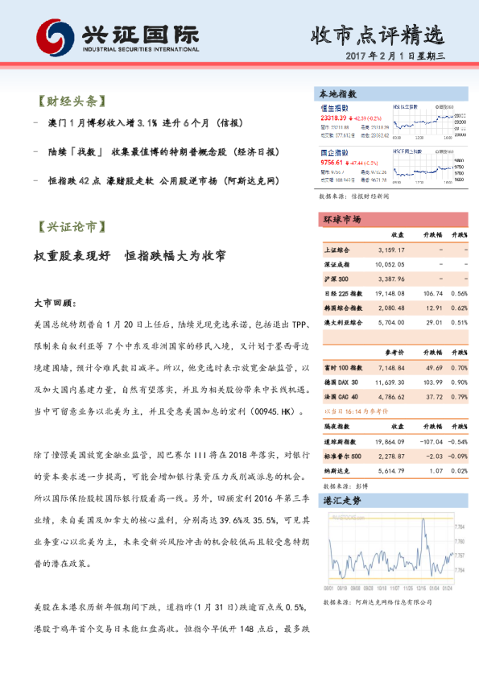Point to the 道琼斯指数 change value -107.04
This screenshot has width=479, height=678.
(x=431, y=442)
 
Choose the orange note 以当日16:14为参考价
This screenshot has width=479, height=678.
(x=355, y=411)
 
